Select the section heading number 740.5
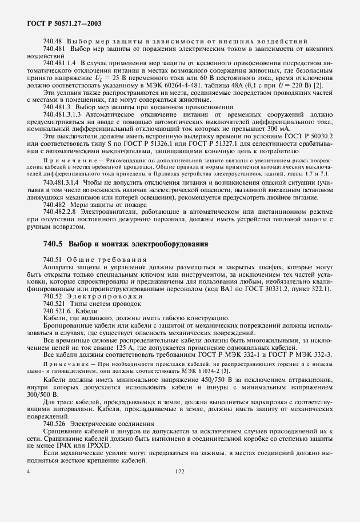[54, 244]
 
